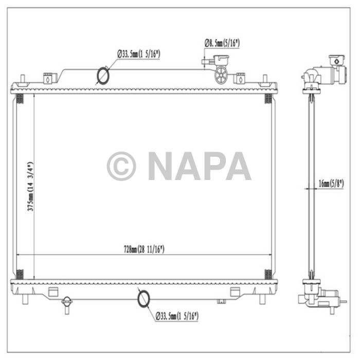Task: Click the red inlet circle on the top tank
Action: (103, 76)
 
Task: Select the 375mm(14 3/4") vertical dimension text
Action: (30, 187)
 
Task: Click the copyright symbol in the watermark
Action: (121, 166)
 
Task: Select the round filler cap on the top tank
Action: (222, 75)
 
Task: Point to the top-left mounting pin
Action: (24, 80)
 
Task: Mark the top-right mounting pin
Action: (265, 80)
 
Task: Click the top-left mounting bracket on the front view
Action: (47, 79)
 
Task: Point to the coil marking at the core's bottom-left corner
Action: (20, 274)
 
